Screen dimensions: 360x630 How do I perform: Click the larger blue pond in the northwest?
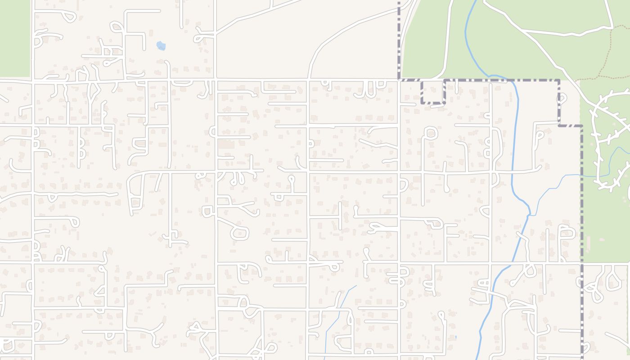tap(161, 45)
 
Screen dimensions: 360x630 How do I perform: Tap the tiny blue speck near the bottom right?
tap(456, 337)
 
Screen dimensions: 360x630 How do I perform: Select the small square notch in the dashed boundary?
tap(432, 92)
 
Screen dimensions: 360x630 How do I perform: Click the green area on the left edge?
tap(14, 38)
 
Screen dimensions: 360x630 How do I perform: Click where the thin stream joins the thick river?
tap(529, 215)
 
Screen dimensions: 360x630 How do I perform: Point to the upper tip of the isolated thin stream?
tap(356, 286)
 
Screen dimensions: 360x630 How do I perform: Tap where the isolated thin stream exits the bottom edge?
tap(324, 359)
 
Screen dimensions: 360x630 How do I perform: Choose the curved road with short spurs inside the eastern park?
tap(601, 135)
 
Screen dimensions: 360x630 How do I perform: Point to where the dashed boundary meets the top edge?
tap(399, 1)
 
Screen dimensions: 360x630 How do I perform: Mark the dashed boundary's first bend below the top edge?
tap(399, 80)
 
